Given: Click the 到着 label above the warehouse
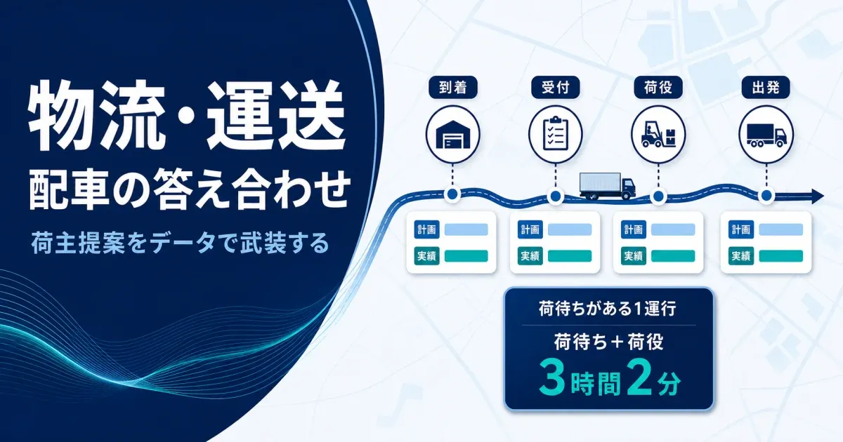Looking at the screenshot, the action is coord(453,88).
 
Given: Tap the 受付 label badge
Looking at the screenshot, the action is coord(556,88).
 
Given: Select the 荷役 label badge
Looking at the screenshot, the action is coord(658,88).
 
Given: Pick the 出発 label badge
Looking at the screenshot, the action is coord(766,88).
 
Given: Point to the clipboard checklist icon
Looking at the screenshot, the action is coord(556,133).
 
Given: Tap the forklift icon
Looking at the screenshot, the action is coord(658,134).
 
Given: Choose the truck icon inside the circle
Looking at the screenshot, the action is coord(766,135).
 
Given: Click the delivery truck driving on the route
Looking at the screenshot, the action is coord(608,186).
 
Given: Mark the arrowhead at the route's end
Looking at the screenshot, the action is coord(818,196).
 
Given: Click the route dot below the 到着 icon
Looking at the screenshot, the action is coord(452,194).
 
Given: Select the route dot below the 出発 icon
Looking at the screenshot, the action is coord(766,196).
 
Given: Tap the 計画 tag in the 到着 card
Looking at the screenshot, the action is coord(427,229).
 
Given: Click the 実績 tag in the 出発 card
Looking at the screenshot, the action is coord(741,256).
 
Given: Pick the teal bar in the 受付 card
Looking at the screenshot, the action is coord(570,256).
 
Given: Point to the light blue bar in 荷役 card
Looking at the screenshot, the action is coord(673,229).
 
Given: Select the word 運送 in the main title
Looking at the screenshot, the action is coord(276,116).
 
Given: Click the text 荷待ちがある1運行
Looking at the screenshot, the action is coord(608,309).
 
